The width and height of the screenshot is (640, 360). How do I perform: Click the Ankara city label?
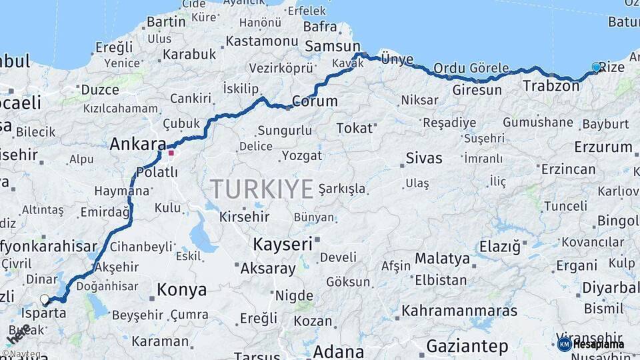point(137,144)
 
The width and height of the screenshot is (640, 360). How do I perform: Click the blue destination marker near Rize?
point(596,67)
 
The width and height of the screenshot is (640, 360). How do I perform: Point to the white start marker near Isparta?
point(45,299)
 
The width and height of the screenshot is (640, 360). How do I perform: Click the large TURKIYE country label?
point(262,189)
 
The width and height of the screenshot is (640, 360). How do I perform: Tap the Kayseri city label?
point(282,244)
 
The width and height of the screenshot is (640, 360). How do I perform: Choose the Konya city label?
point(181,289)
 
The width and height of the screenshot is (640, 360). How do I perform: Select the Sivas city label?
point(424,158)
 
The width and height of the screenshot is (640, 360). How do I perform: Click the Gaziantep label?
point(467,346)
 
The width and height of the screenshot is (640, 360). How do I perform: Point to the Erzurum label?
point(603,147)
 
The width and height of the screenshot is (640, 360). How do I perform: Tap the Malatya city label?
point(442,258)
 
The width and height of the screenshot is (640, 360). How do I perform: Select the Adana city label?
point(339,351)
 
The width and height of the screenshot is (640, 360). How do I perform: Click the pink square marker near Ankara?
point(171,153)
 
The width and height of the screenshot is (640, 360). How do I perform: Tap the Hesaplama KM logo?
point(591,344)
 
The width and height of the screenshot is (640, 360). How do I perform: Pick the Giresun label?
point(477,89)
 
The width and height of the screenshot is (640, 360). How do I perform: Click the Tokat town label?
point(353,127)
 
